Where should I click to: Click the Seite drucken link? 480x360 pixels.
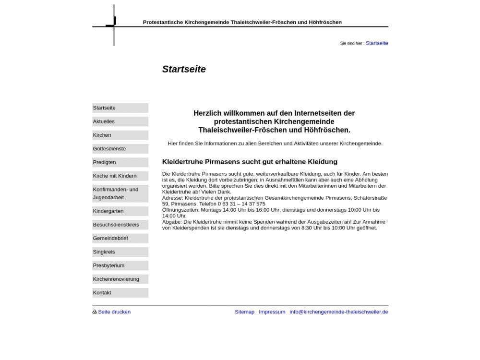pos(114,312)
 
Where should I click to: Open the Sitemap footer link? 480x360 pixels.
pos(244,312)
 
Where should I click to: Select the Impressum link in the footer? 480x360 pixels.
pos(272,312)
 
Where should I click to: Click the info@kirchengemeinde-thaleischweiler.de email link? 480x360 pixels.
pos(338,312)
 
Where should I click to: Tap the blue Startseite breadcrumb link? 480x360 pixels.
pos(377,43)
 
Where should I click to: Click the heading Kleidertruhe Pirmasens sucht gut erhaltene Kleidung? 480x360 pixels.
pos(250,162)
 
